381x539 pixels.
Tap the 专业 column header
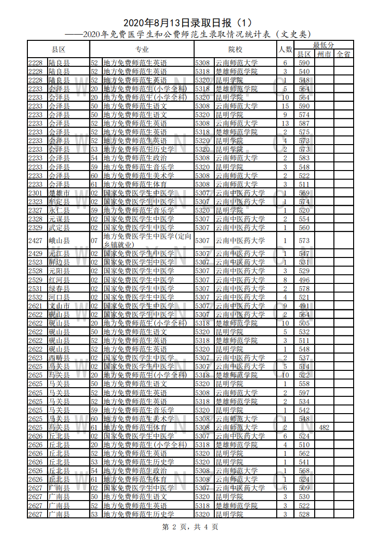[x=142, y=49]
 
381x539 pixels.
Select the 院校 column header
[x=235, y=49]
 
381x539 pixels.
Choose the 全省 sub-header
[x=344, y=54]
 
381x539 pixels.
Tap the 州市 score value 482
[x=324, y=428]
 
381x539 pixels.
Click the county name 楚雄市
[x=59, y=193]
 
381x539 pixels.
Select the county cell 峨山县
[x=59, y=241]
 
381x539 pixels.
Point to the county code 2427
[x=36, y=241]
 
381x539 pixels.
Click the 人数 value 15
[x=285, y=106]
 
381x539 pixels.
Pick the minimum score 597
[x=304, y=393]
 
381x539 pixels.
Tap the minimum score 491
[x=304, y=306]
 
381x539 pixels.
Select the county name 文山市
[x=59, y=306]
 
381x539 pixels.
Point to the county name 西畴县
[x=59, y=358]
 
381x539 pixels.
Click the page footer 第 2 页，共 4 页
[x=190, y=527]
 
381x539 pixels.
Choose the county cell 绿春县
[x=59, y=289]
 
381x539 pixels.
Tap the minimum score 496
[x=304, y=280]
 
